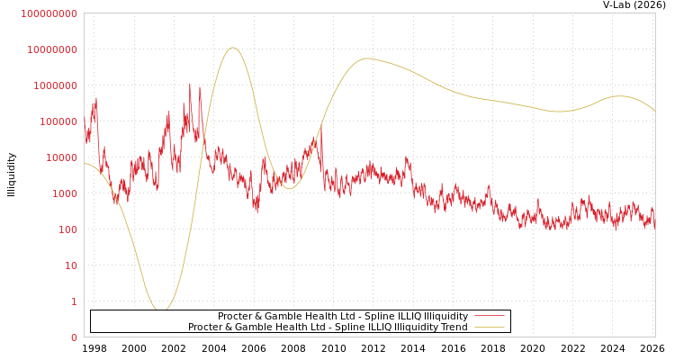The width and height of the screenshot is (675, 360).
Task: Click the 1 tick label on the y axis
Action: pos(74,301)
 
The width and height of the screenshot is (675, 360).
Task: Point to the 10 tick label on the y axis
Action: pos(71,265)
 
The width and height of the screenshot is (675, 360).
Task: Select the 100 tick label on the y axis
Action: pos(68,229)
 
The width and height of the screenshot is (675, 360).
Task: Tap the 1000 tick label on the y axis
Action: pos(66,193)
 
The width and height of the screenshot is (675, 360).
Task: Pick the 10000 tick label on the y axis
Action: pos(63,157)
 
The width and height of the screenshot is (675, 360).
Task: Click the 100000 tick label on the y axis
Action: pos(60,121)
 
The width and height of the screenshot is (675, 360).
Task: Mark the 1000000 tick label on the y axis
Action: pos(58,85)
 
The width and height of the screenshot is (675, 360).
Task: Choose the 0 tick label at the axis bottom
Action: pos(74,337)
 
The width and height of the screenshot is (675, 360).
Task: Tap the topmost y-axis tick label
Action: pos(49,13)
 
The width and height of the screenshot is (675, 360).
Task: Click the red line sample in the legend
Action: pos(489,317)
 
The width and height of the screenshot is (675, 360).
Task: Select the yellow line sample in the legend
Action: pos(489,328)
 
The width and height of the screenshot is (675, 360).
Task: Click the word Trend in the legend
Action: pos(453,328)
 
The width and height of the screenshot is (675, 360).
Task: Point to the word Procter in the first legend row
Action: pos(235,317)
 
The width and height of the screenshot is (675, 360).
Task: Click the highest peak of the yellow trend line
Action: pos(233,48)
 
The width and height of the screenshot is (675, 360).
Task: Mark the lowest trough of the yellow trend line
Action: pos(161,310)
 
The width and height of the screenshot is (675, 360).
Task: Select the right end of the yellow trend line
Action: pos(654,111)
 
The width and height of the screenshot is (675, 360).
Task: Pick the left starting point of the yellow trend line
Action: pos(85,163)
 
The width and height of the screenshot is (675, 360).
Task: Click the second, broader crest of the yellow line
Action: pos(367,58)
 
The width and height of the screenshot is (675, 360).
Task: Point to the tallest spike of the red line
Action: pos(190,84)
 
